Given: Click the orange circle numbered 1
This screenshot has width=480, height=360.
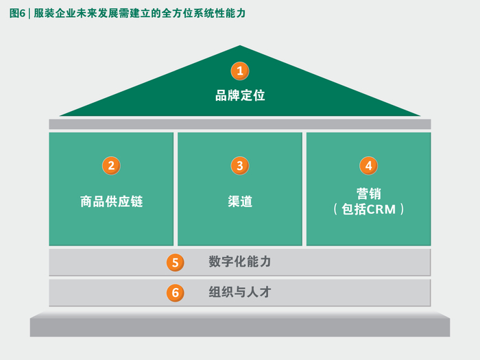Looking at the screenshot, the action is (x=239, y=71).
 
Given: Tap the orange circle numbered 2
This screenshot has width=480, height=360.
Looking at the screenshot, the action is (x=111, y=165).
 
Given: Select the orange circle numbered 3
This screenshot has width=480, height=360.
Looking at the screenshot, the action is (x=239, y=165).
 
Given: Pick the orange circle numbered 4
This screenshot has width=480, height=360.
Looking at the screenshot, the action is (x=368, y=165).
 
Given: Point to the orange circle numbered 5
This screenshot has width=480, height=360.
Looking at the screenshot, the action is (x=176, y=263).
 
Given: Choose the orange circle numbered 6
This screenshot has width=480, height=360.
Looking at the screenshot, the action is (x=176, y=293).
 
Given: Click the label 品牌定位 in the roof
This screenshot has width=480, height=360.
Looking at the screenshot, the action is (x=240, y=95).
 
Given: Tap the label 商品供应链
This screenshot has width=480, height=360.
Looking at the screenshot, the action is (x=111, y=202).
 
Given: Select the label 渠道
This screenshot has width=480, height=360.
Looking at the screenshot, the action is (x=240, y=202).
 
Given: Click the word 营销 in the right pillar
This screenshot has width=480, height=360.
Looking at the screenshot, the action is (x=369, y=194).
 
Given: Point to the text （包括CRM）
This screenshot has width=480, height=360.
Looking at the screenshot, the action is (x=369, y=210).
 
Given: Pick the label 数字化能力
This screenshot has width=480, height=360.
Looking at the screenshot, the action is (x=240, y=262).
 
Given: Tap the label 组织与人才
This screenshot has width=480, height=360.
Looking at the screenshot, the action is (x=240, y=292).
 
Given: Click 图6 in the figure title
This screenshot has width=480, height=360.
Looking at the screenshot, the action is (x=18, y=12).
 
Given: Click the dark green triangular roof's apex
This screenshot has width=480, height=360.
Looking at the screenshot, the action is (x=240, y=47).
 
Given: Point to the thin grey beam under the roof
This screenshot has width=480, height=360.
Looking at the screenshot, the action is (x=240, y=124).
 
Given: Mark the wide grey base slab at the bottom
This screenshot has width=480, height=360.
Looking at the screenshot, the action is (x=240, y=325).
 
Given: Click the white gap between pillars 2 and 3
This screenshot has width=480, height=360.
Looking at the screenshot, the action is (x=176, y=189).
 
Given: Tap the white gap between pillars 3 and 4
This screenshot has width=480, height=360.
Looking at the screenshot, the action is (x=304, y=189).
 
